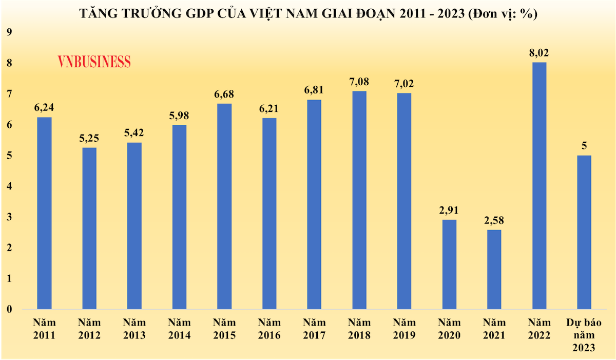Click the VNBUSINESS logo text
[94, 62]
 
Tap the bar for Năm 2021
[494, 270]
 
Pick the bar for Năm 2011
[45, 213]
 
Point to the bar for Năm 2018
[359, 200]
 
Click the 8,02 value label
[539, 53]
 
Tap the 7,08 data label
[359, 82]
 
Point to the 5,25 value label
[89, 138]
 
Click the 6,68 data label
[224, 94]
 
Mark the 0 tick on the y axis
[8, 310]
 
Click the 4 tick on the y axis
[8, 186]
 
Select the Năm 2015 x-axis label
[224, 329]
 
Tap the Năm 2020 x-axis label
[449, 329]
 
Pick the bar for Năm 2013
[134, 226]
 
